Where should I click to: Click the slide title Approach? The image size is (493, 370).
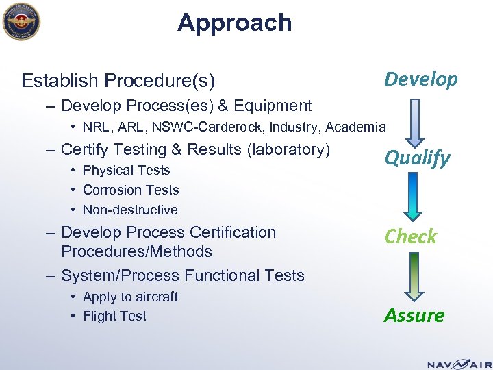pos(234,23)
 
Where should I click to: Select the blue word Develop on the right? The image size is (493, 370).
pos(420,79)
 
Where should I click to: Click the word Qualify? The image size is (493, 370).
pos(417,158)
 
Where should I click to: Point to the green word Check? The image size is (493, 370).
pos(410,236)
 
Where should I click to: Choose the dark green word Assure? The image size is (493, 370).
pos(414,315)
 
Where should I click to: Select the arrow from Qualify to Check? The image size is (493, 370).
pos(412,197)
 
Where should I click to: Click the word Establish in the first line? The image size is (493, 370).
pos(60,82)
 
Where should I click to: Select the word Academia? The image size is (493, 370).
pos(357,127)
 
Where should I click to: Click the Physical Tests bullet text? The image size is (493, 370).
pos(126,170)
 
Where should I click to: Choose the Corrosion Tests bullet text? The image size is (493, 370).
pos(130,190)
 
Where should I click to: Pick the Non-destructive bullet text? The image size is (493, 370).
pos(129,210)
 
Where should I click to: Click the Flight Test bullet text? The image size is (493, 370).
pos(114,316)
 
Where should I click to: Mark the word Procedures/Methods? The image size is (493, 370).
pos(136,251)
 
